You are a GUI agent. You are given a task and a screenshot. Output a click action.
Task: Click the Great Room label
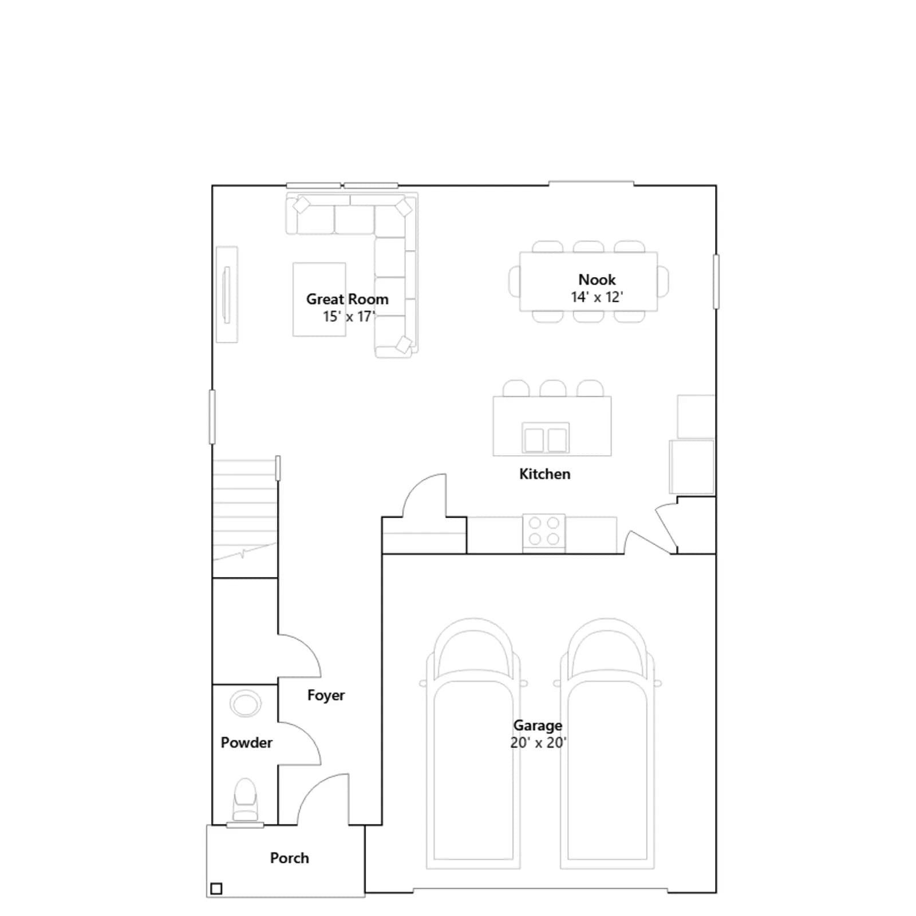point(347,299)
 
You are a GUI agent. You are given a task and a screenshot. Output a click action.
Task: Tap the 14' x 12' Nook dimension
point(597,297)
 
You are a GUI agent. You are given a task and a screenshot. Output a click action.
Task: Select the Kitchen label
point(544,474)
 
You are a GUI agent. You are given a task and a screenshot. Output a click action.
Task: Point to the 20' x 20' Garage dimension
point(538,743)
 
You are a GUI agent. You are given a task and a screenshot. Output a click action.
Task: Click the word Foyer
point(326,696)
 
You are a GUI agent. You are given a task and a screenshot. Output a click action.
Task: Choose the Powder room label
point(246,743)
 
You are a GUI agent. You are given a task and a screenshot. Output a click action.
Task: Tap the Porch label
point(289,858)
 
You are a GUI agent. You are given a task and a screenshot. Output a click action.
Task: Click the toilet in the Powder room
point(245,800)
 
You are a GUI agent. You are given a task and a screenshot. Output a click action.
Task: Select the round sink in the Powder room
point(246,703)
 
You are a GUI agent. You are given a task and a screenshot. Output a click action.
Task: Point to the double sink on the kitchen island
point(546,439)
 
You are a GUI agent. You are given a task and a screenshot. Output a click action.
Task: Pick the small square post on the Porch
point(216,889)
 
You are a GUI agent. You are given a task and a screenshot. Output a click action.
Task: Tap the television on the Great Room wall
point(227,295)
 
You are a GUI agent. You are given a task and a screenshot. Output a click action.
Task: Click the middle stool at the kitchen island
point(553,388)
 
